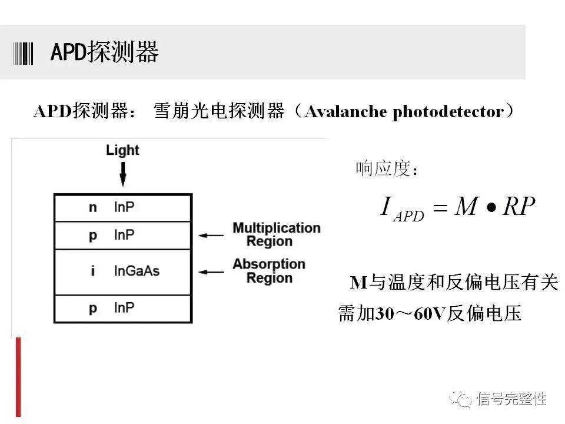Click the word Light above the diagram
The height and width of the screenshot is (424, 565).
122,150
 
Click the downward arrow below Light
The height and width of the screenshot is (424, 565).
123,173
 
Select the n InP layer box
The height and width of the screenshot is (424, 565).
122,207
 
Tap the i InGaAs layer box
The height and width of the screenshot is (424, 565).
122,271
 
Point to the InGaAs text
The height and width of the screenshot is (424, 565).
137,271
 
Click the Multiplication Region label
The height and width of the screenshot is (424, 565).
277,234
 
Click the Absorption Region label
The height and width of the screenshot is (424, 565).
269,271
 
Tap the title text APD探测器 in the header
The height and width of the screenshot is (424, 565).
105,52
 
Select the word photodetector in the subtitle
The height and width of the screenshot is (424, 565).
448,111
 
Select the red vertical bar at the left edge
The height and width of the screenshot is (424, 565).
18,377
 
